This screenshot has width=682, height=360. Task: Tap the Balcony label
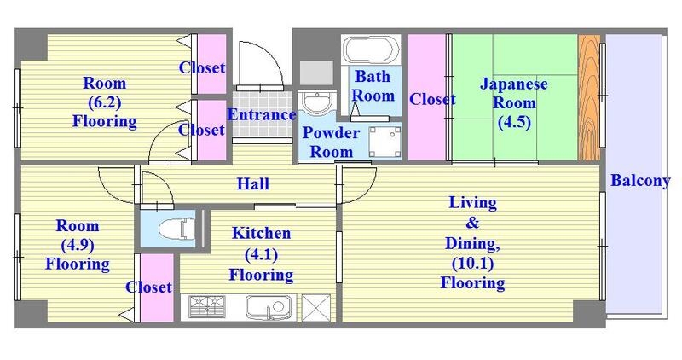(639, 181)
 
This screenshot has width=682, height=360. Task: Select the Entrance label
(262, 114)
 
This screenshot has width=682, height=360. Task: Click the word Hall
(252, 183)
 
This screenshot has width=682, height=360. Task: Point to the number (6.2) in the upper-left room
(104, 102)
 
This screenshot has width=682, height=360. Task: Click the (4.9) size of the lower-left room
(77, 246)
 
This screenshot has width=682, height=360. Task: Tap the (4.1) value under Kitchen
(261, 254)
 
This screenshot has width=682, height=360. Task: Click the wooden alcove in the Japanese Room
(589, 97)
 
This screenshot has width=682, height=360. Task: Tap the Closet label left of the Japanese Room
(432, 99)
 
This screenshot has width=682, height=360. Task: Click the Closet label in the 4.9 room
(149, 287)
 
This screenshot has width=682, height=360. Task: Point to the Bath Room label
(373, 86)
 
